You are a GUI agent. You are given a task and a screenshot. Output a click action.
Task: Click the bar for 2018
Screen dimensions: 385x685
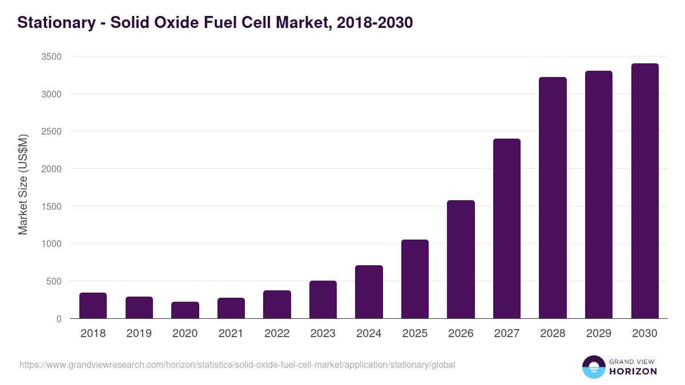coord(93,306)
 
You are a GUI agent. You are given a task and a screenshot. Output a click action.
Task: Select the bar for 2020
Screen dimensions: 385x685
coord(185,310)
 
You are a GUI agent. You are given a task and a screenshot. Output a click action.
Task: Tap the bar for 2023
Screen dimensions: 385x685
coord(323,299)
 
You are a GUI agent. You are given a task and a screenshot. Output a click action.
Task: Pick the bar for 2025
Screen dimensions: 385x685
coord(415,279)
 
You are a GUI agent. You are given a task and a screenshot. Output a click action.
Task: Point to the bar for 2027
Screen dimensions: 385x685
coord(507,228)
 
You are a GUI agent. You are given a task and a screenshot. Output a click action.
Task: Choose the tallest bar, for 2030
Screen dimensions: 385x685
coord(644,191)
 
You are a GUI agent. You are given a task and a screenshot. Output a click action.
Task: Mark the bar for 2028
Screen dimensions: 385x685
coord(553,198)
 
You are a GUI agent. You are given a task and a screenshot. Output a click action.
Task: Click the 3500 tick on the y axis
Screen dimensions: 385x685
coord(51,56)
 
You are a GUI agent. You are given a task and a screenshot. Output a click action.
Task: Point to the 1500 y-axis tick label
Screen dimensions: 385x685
coord(51,206)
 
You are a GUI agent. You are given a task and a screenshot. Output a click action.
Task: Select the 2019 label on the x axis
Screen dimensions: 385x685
coord(139,334)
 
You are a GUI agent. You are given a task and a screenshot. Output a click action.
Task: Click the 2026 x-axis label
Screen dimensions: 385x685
coord(461,334)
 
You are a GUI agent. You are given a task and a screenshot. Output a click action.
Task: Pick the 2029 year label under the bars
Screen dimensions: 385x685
coord(599,334)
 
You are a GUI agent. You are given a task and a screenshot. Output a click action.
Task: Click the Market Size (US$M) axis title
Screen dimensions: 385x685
coord(23,184)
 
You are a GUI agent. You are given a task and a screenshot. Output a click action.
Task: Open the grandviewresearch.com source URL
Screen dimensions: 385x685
coord(237,364)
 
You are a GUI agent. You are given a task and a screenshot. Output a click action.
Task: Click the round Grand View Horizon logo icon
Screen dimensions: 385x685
coord(594,367)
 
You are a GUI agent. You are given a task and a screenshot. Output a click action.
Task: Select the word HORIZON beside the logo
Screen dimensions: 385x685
coord(633,371)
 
